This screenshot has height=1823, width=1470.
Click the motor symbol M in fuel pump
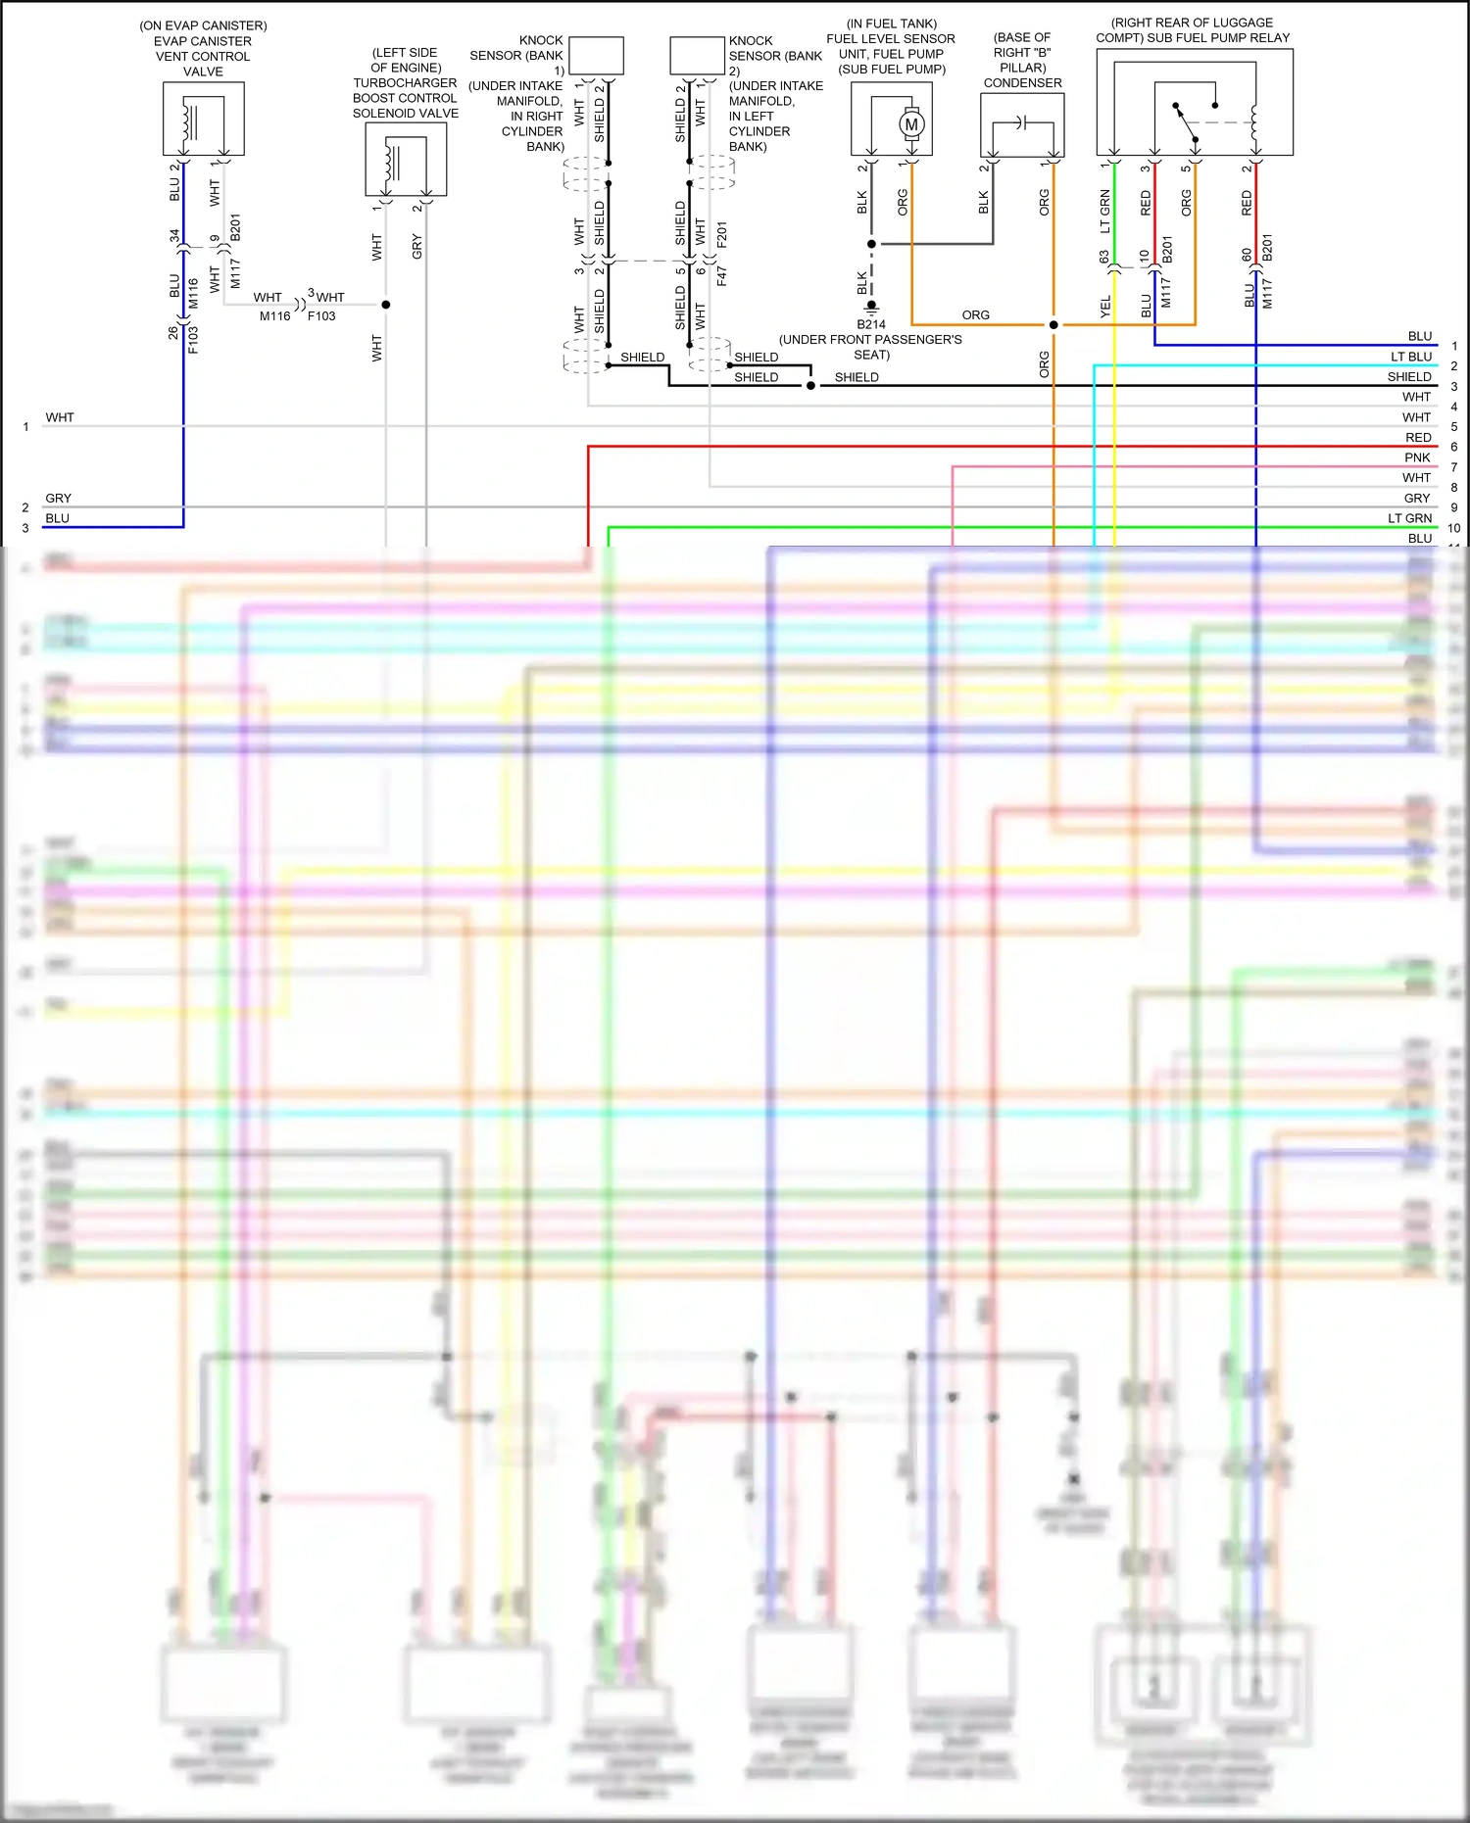[911, 124]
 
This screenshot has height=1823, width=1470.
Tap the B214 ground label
[870, 324]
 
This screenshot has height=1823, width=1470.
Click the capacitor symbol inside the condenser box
[1020, 122]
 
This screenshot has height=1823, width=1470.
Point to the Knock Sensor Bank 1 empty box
[596, 56]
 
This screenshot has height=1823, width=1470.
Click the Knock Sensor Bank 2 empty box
[697, 56]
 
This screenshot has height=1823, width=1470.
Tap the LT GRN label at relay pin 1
[1105, 211]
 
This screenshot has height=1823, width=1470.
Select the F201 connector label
[721, 234]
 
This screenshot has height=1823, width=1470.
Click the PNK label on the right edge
[1417, 457]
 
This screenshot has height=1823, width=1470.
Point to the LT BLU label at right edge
[1410, 357]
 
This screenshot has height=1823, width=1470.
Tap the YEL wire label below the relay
[1105, 306]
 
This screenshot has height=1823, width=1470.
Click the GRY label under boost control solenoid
[416, 246]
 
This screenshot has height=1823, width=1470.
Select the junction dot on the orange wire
[1053, 324]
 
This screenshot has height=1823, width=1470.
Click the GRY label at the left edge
[58, 498]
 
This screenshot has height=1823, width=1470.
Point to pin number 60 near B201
[1246, 255]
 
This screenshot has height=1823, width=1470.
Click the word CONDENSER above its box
[1022, 83]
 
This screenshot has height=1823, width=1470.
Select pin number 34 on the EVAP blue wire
[174, 236]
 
